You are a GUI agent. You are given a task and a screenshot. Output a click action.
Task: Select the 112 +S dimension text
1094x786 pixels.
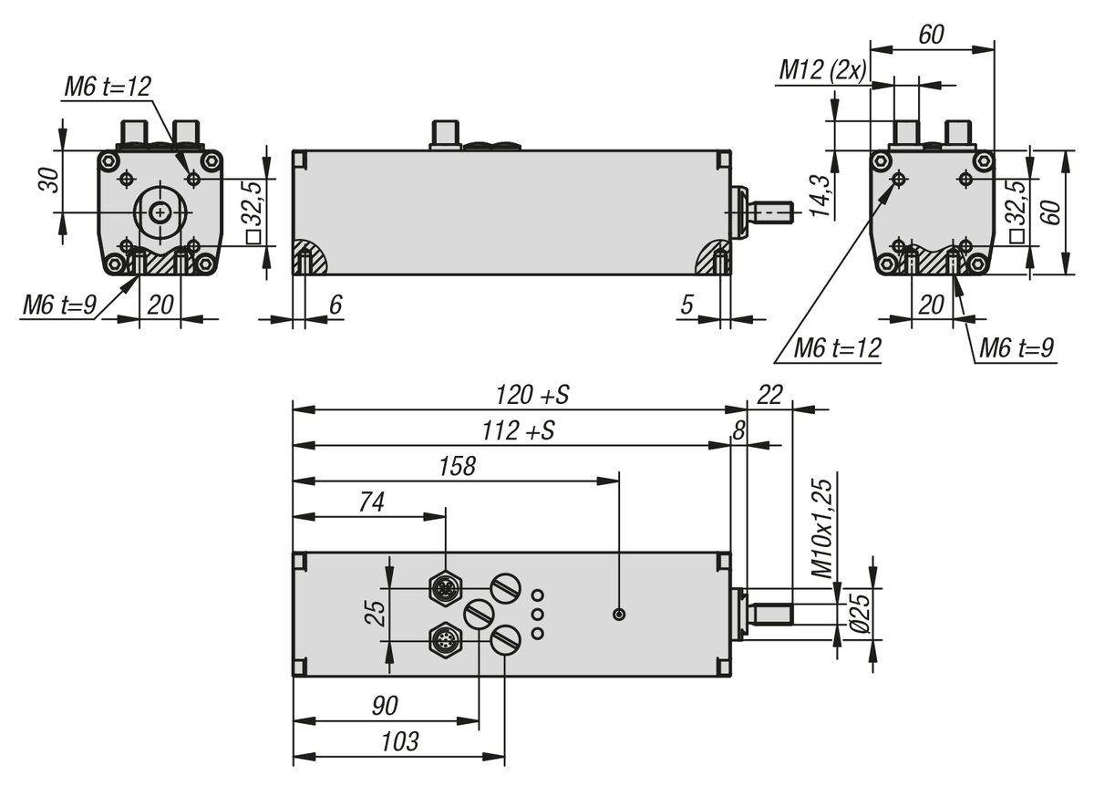[519, 431]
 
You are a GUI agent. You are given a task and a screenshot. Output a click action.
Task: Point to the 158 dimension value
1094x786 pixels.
[457, 467]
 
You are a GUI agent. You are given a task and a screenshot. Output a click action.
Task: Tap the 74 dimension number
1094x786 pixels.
[372, 502]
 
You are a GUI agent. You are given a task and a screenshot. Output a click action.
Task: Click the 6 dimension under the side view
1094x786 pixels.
[335, 305]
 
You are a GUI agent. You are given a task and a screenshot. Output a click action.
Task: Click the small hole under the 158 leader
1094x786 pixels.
[619, 615]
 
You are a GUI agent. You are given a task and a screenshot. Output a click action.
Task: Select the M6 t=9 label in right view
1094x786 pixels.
[1016, 347]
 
